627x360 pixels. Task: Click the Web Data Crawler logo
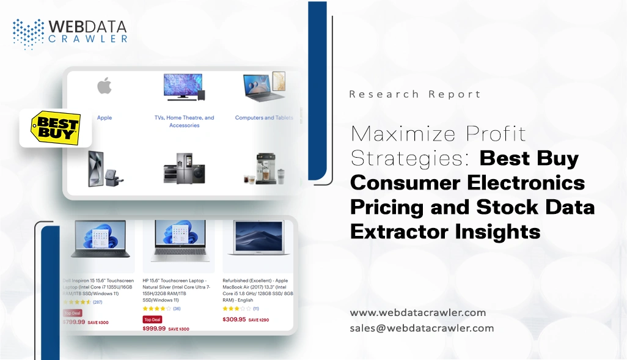[70, 33]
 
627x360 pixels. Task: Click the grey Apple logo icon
[105, 86]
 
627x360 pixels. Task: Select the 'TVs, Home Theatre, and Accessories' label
[184, 121]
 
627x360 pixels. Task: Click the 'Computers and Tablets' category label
[263, 117]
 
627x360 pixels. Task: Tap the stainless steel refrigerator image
[184, 168]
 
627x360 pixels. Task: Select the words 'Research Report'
[414, 94]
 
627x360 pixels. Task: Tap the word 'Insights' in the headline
[490, 231]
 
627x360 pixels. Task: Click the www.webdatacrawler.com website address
[417, 312]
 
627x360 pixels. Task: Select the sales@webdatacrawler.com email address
[422, 328]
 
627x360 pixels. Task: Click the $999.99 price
[154, 328]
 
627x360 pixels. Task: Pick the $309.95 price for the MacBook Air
[234, 319]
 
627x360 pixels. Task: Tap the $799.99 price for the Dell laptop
[74, 321]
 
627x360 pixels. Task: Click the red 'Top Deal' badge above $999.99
[152, 319]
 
